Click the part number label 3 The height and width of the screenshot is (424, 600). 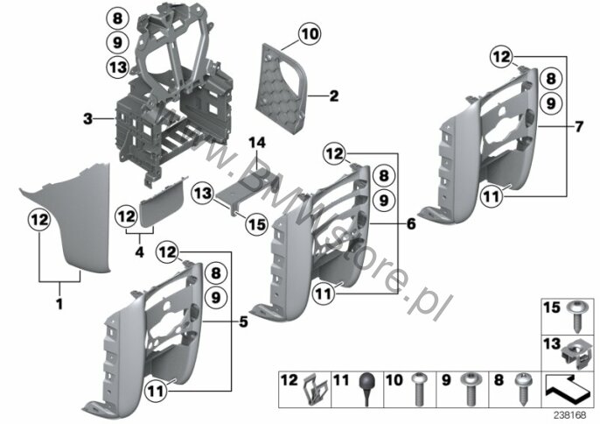click(88, 119)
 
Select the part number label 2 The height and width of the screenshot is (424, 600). click(334, 95)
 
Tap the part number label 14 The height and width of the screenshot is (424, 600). click(257, 143)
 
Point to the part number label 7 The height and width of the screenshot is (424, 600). click(579, 126)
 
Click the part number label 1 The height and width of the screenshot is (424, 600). click(59, 304)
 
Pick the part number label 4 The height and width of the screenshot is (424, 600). click(140, 252)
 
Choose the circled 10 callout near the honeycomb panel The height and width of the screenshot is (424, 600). click(310, 34)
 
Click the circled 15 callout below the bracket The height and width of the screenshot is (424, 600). click(257, 224)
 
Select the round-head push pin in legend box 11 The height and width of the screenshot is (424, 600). click(367, 388)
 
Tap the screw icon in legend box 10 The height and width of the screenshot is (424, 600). click(418, 389)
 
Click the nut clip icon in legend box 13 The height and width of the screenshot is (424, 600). click(576, 356)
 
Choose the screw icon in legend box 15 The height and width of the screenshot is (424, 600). click(576, 316)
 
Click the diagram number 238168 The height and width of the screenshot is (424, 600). click(570, 415)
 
